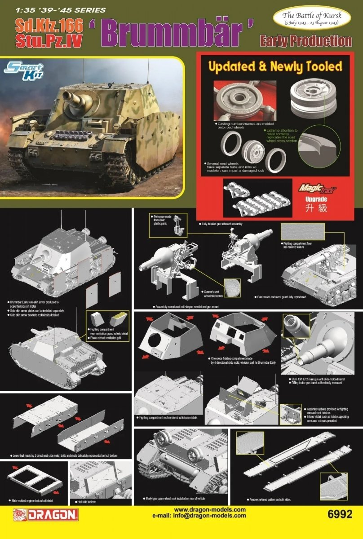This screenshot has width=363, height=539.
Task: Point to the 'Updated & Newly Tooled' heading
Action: [x=274, y=66]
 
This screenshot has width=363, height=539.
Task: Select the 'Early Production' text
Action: [x=305, y=41]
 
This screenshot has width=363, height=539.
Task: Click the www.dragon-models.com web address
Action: [x=209, y=509]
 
